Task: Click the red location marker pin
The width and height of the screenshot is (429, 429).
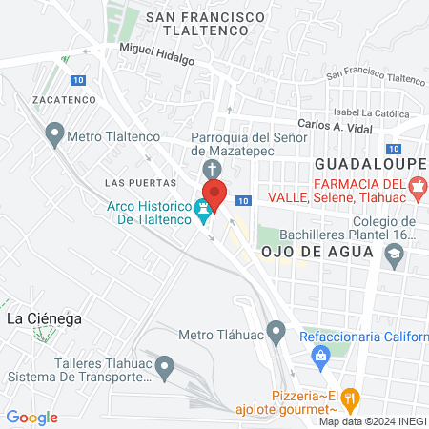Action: coord(214,194)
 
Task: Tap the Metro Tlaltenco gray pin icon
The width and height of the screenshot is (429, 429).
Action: coord(54,136)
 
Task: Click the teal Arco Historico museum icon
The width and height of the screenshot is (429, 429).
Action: coord(203,209)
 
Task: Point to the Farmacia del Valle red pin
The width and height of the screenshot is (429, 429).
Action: coord(414,190)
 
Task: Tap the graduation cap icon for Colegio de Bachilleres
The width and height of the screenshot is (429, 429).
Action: coord(394,255)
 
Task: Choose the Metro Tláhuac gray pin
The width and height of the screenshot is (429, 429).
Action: coord(276,334)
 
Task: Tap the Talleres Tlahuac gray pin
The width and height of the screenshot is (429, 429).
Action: coord(165,366)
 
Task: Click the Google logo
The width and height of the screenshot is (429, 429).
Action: coord(31,417)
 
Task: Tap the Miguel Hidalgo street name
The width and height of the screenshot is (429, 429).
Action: coord(156,52)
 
